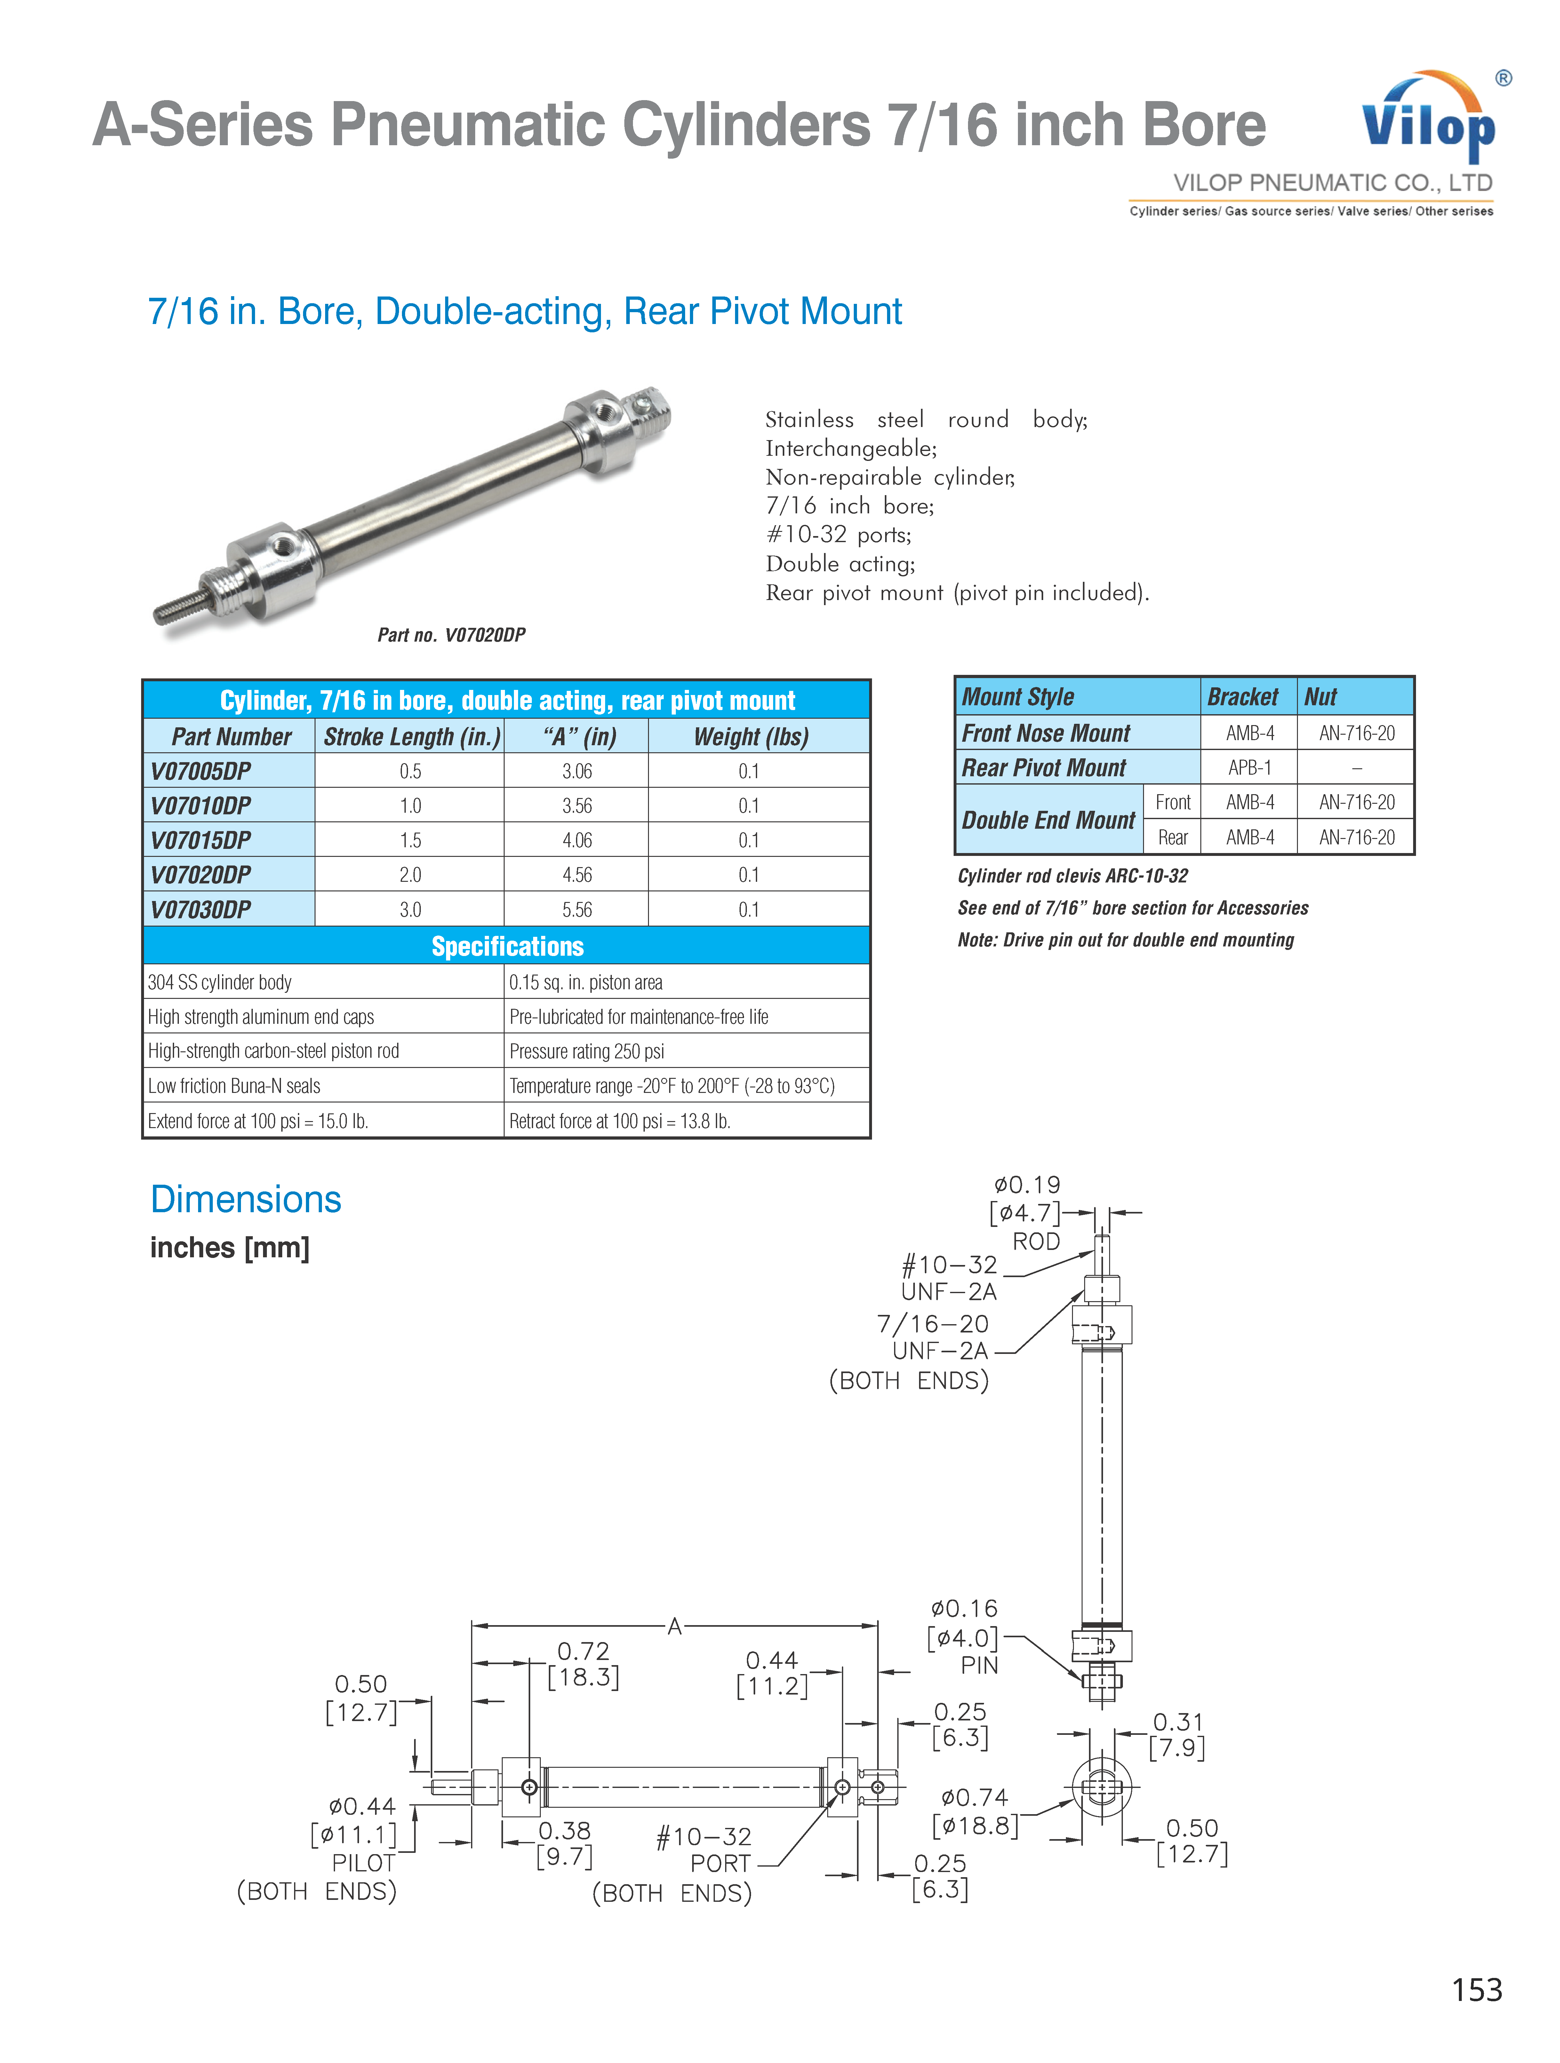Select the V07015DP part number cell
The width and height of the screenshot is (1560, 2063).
(x=202, y=839)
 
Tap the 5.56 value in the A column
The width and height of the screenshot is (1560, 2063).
(x=577, y=909)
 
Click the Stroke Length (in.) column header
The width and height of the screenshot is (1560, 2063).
(x=411, y=737)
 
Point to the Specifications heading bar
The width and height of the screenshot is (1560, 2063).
(x=507, y=946)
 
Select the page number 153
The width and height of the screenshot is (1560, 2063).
(x=1476, y=1989)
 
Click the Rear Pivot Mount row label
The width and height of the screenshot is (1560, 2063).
(x=1044, y=768)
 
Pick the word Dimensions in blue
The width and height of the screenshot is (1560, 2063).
(x=245, y=1199)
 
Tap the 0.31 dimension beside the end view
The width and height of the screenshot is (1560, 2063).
(x=1178, y=1722)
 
